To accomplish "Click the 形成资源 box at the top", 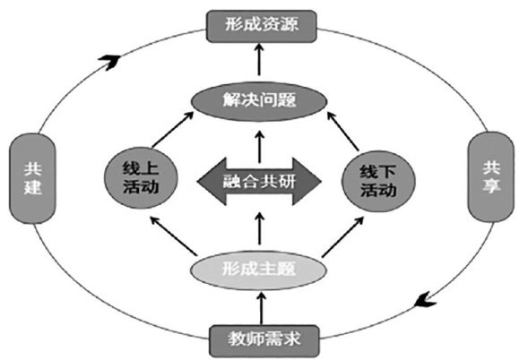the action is point(262,27).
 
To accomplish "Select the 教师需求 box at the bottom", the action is point(264,340).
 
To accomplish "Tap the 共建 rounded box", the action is point(32,178).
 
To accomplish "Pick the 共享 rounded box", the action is point(491,176).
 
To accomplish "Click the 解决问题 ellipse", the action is point(260,101).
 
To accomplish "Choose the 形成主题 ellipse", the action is point(258,270).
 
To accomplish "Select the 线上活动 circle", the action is point(141,178).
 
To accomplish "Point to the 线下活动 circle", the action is point(378,182).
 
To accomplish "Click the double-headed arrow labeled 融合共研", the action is point(259,182).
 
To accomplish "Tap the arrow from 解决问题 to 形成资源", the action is point(259,59).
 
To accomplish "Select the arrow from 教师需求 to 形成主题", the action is point(262,309).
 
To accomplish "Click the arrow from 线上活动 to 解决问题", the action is point(172,129).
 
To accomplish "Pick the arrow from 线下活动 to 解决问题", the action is point(343,132).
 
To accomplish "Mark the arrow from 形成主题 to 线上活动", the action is point(173,236).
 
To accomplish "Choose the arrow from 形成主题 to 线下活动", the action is point(343,236).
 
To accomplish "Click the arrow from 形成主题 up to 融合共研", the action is point(260,228).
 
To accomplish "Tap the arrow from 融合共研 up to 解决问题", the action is point(260,147).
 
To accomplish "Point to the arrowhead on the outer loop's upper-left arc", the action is point(109,62).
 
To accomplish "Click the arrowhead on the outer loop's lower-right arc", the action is point(425,299).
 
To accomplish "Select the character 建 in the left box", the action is point(32,187).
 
